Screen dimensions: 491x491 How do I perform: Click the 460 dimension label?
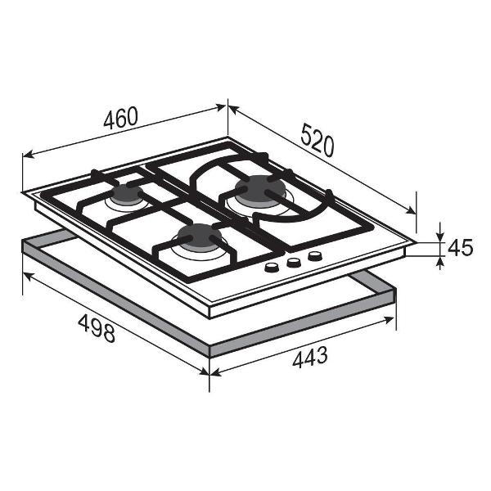tap(120, 118)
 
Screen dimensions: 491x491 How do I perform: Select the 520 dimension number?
tap(318, 140)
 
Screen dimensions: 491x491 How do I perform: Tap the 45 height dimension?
tap(460, 248)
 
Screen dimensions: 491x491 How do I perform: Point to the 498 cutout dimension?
tap(97, 328)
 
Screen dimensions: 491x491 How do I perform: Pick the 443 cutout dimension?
tap(310, 357)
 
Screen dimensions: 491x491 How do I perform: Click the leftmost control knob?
tap(271, 267)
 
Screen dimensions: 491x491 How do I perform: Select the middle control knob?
tap(294, 262)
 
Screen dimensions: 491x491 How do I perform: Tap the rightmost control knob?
tap(315, 256)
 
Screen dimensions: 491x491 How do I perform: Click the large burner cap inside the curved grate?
tap(260, 189)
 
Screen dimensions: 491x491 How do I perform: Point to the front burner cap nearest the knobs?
tap(199, 236)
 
